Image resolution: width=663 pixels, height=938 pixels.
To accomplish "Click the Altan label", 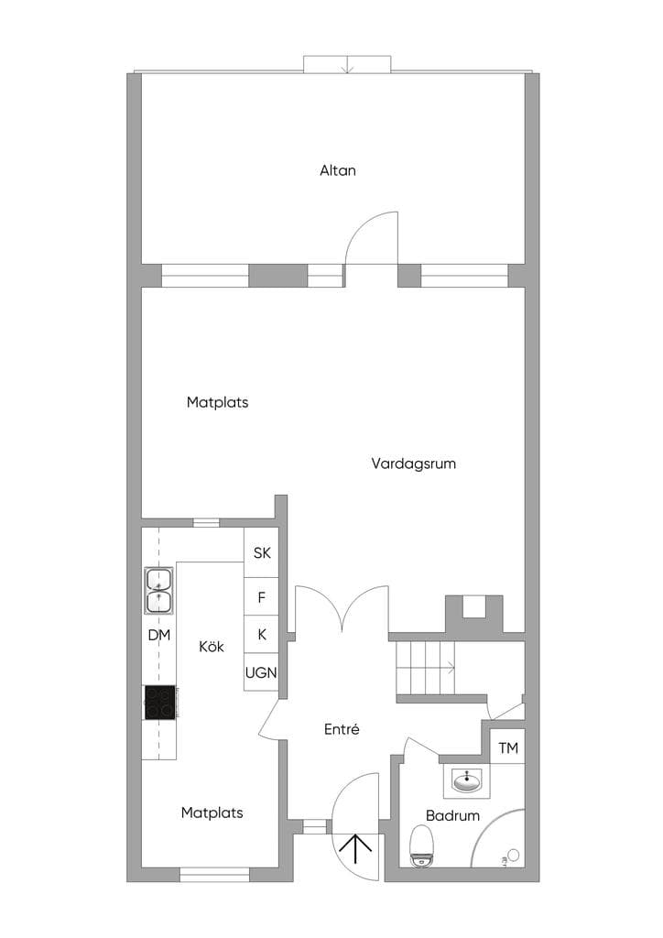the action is [338, 170].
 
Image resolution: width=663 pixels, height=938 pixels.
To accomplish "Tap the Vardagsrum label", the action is [414, 464].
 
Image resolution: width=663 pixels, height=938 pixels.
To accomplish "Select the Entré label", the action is [342, 729].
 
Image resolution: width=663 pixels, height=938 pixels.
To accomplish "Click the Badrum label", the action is [452, 815].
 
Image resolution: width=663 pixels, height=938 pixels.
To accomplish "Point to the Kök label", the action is [212, 647].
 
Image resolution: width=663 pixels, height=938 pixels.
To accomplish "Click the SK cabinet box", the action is [261, 552].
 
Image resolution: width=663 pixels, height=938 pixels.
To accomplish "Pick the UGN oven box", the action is [261, 672].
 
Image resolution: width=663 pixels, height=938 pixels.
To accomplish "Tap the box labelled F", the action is [261, 596].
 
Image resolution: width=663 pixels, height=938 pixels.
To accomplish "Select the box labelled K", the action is [261, 635].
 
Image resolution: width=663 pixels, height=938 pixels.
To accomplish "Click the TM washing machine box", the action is [507, 747].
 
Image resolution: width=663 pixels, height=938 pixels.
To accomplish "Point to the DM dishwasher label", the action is [159, 636].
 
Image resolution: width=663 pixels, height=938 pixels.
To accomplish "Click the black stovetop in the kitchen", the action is [160, 703].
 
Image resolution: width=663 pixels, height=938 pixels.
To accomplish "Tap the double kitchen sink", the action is [159, 591].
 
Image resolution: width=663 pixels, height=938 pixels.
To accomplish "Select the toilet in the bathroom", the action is [422, 845].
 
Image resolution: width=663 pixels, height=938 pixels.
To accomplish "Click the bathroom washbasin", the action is [466, 780].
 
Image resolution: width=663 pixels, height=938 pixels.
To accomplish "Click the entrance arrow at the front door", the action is [355, 849].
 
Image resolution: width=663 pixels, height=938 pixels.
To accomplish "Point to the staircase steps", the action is [425, 668].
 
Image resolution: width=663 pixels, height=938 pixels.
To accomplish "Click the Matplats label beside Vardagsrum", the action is [218, 403].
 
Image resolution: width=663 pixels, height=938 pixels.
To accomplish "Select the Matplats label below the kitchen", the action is [212, 813].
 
